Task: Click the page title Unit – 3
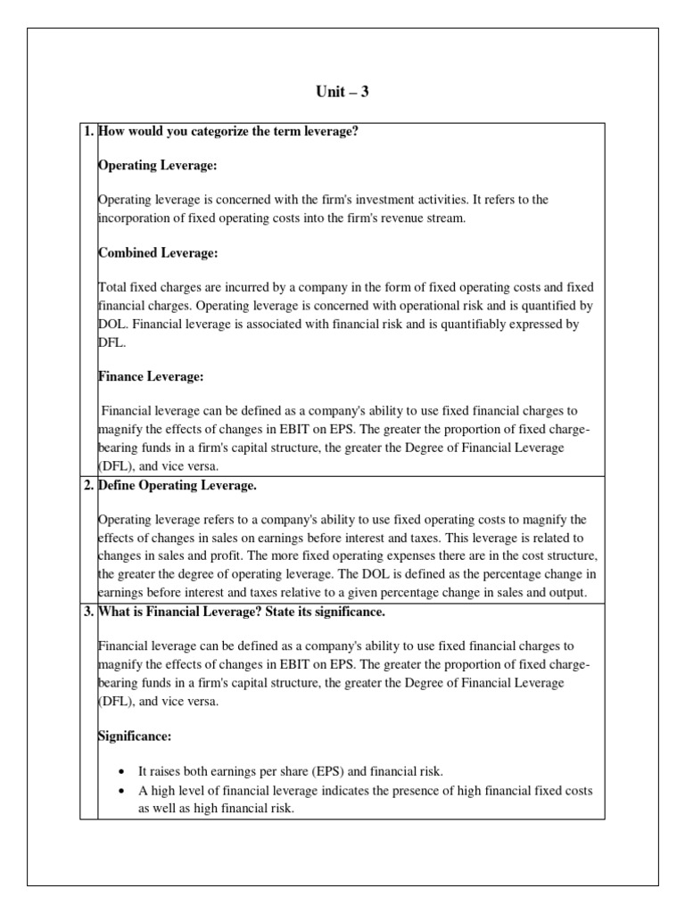coord(342,92)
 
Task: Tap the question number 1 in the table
coord(87,132)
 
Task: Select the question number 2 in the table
coord(87,485)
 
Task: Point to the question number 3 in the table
coord(87,611)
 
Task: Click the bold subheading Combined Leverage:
coord(158,253)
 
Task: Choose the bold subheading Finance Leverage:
coord(151,376)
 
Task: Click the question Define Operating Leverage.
coord(177,485)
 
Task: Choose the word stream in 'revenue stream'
coord(446,218)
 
